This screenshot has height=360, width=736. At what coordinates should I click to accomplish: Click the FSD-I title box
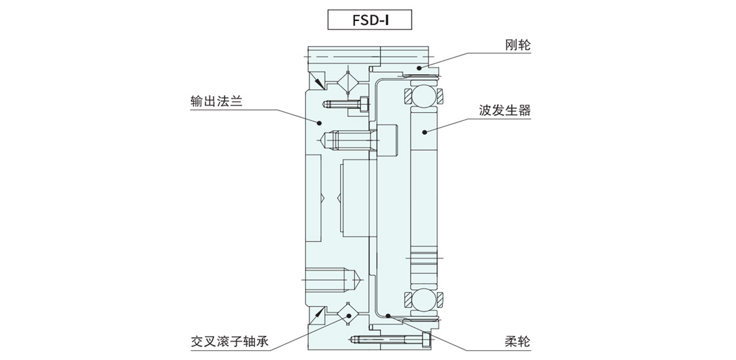click(x=367, y=20)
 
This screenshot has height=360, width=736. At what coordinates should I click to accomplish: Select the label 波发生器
click(x=504, y=111)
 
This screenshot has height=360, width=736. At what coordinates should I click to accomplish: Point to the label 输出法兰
click(x=217, y=102)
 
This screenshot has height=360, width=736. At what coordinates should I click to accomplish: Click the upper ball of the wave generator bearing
click(x=423, y=97)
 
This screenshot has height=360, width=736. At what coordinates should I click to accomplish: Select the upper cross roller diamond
click(x=348, y=83)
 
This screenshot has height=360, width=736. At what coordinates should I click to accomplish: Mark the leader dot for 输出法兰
click(x=320, y=123)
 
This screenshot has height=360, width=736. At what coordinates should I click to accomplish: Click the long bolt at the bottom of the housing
click(x=389, y=339)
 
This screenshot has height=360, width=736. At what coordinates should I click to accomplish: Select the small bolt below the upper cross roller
click(x=347, y=104)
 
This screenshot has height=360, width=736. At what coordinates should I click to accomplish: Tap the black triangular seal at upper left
click(x=317, y=80)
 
